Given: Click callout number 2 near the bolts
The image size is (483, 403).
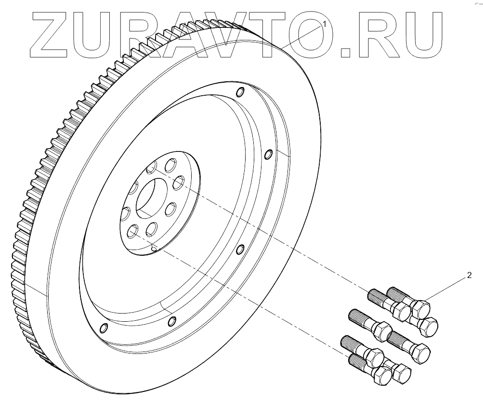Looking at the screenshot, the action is click(x=469, y=276).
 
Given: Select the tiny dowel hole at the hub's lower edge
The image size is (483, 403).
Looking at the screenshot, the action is click(x=154, y=249).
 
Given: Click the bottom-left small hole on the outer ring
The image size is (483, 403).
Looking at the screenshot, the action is click(x=102, y=328).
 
